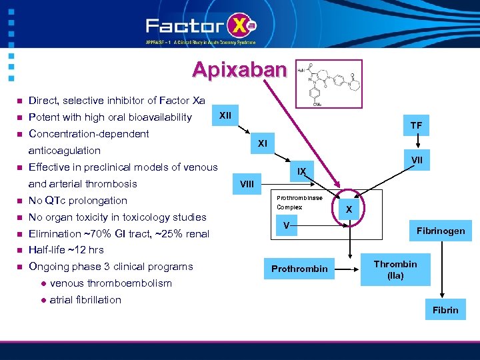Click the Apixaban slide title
coord(239,70)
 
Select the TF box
coord(416,125)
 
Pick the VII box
coord(417,160)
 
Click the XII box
coord(225,116)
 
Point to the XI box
coord(262,143)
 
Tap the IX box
coord(301,171)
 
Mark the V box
coord(286,226)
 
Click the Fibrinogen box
coord(441,231)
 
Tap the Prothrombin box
coord(299,269)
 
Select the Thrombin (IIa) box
coord(395,269)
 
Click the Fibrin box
coord(445,310)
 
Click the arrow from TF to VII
coord(417,142)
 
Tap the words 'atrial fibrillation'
coord(85,300)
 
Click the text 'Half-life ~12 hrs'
coord(66,250)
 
